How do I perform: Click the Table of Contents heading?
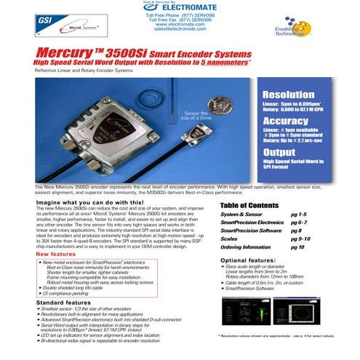coord(249,206)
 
